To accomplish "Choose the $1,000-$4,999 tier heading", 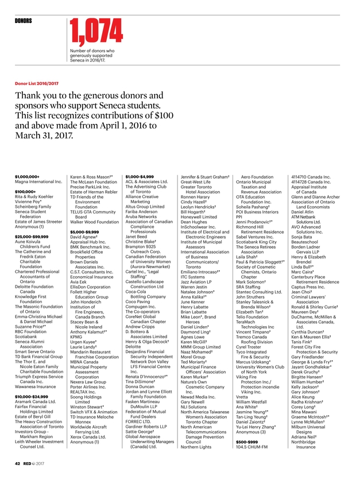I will (140, 169).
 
